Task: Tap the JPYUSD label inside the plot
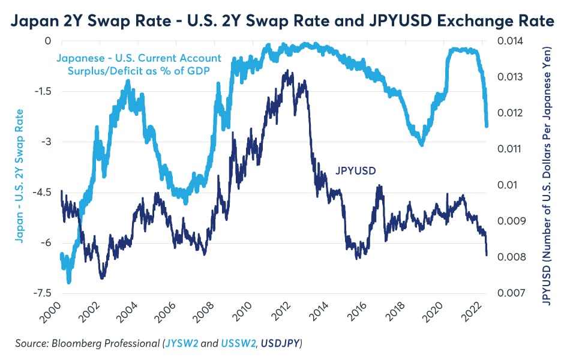coord(355,171)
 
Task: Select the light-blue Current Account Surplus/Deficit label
coord(139,64)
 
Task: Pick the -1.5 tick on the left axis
coord(41,91)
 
